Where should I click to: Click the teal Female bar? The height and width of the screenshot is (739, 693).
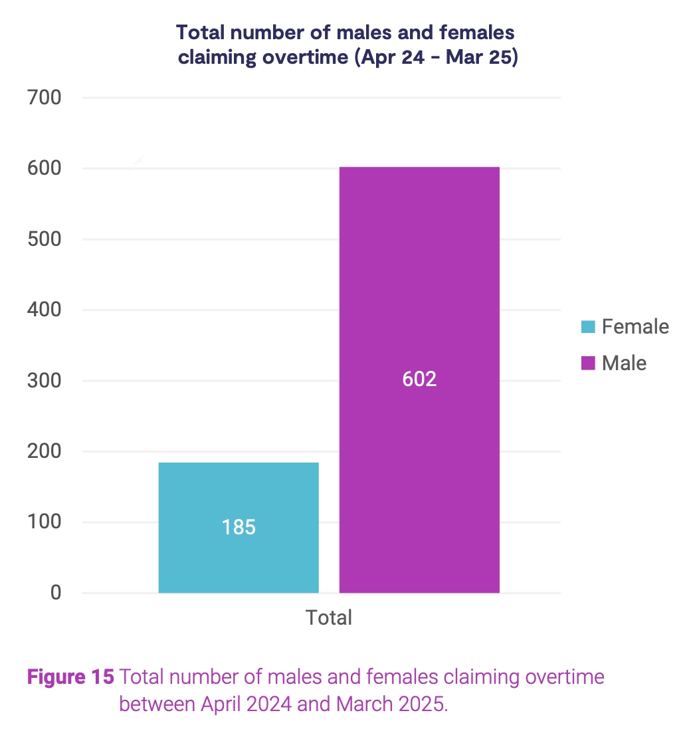point(238,492)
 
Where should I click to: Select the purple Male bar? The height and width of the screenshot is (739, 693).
point(419,279)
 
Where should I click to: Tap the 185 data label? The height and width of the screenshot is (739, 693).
point(239,527)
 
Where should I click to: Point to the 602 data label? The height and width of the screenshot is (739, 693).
point(419,379)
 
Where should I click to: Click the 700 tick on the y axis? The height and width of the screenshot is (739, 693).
point(45,98)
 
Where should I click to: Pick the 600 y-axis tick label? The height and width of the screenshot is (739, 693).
point(45,169)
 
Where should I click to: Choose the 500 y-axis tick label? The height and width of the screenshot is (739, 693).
point(45,239)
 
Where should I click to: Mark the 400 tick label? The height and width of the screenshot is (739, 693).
point(45,310)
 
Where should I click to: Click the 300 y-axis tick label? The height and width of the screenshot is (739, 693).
point(45,381)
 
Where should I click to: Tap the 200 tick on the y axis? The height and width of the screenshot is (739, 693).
point(45,451)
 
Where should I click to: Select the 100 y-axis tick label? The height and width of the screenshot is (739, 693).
point(45,522)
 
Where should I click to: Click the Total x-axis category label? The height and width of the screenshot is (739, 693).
point(329,617)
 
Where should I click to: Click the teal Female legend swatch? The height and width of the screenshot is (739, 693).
point(588,327)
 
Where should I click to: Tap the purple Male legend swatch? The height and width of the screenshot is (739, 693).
point(588,364)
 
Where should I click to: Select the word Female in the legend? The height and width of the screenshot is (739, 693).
point(635,327)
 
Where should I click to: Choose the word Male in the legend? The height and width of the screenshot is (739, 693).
point(624,364)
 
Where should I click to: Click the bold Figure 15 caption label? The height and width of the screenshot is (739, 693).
point(70,678)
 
